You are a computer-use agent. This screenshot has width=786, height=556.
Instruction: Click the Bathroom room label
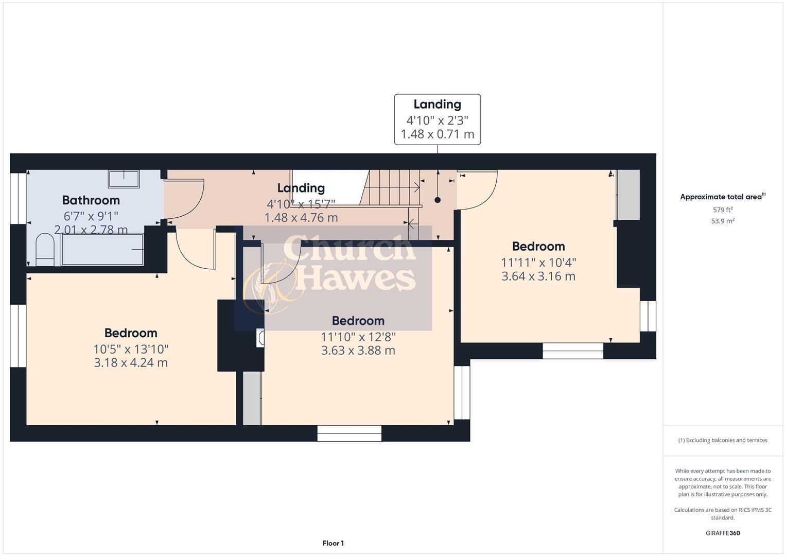[91, 200]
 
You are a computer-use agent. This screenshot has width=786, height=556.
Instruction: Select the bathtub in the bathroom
[102, 250]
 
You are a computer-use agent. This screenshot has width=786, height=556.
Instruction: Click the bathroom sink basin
[124, 179]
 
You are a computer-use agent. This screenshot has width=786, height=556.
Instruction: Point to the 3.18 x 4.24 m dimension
[131, 362]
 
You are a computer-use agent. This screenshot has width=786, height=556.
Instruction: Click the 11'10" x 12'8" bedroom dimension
[358, 337]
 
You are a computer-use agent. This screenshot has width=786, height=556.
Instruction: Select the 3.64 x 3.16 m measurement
[538, 276]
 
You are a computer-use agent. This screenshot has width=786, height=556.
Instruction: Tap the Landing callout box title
[437, 105]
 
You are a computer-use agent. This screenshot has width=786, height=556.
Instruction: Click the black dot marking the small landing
[438, 200]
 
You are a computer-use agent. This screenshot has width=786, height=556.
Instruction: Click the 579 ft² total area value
[723, 210]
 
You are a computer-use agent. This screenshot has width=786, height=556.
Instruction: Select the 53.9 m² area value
[723, 221]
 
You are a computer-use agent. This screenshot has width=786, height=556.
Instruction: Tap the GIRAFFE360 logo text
[723, 533]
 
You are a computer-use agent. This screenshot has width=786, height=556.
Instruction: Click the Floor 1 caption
[333, 543]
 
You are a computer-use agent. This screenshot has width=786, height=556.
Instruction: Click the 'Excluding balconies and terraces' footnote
[723, 440]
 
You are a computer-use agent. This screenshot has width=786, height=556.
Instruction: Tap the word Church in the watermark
[350, 248]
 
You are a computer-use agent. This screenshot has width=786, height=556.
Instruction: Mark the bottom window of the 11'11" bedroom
[573, 351]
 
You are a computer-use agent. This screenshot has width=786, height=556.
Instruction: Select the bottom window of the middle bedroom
[350, 433]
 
